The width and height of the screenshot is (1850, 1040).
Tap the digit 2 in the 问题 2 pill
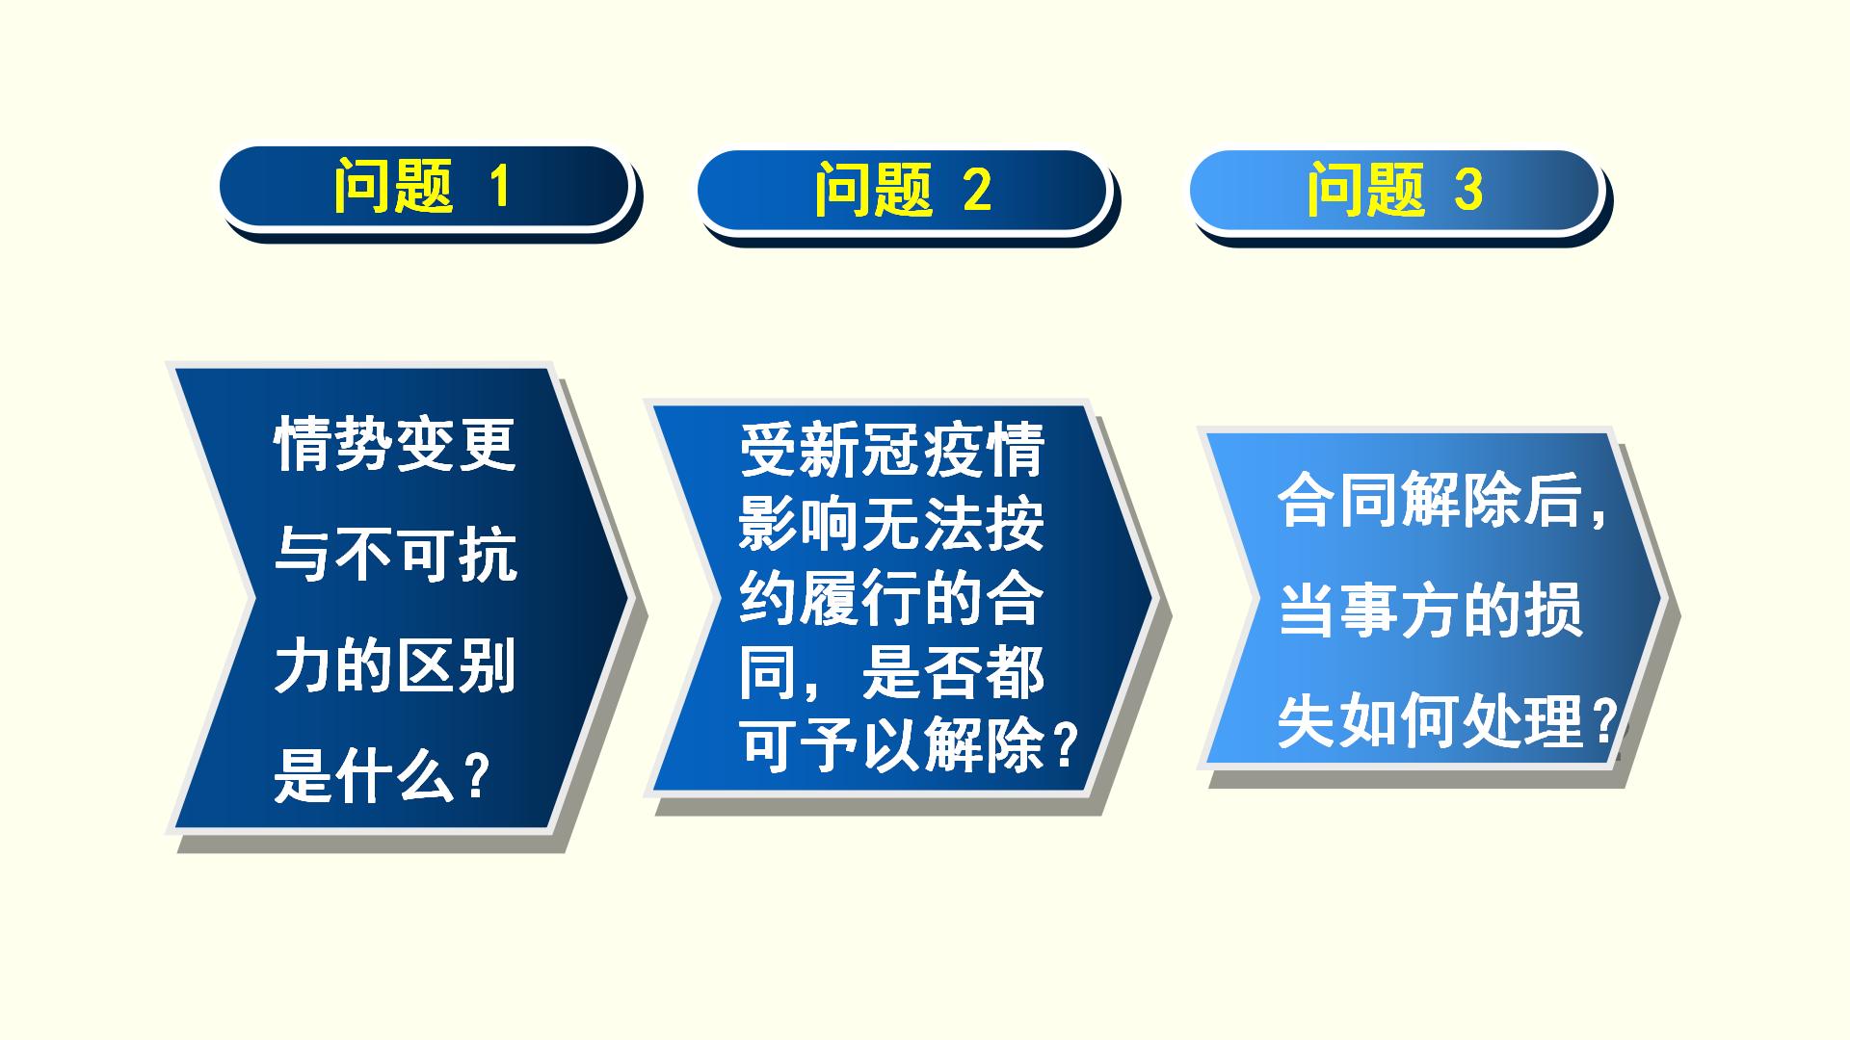[977, 190]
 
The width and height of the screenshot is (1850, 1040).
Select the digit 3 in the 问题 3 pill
[1467, 190]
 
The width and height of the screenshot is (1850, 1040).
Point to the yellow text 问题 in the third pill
[1365, 190]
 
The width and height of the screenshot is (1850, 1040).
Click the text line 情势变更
[396, 444]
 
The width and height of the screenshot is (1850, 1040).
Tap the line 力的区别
[396, 665]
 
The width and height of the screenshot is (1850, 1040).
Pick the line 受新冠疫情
[892, 450]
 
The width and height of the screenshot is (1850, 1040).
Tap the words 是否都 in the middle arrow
[953, 672]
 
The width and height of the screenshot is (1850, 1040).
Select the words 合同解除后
[1431, 500]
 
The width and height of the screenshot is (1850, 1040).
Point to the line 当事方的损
[1431, 611]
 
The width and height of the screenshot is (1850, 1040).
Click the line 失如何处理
[1431, 721]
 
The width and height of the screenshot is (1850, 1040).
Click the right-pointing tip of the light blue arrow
[1664, 598]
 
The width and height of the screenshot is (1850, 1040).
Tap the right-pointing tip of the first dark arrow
[630, 597]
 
